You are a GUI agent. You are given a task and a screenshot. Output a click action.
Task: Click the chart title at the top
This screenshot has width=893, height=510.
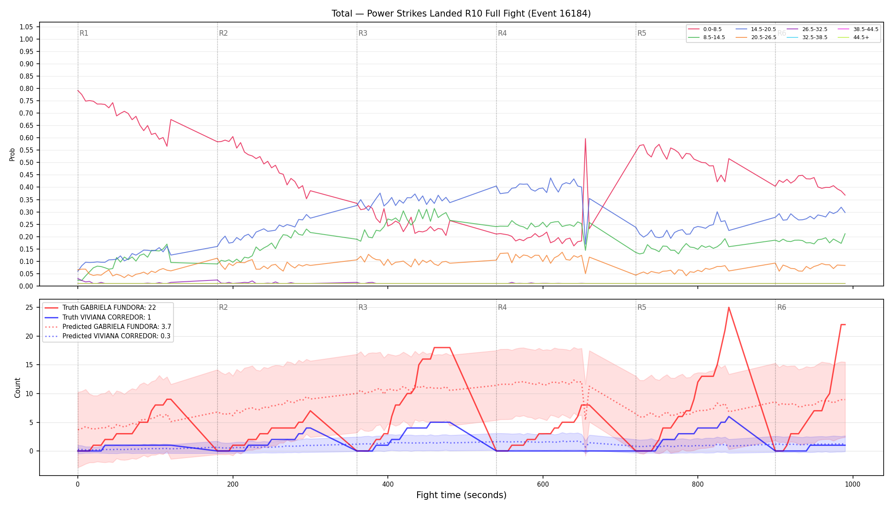[461, 14]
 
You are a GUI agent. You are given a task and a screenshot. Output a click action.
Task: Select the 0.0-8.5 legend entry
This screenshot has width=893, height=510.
[706, 29]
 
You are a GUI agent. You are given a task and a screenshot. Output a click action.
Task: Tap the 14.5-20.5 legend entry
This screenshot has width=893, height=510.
[756, 29]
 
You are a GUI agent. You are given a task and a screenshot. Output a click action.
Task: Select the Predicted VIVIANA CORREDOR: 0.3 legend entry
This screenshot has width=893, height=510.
[108, 336]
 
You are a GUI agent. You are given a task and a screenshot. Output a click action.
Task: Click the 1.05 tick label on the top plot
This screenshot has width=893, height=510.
[26, 27]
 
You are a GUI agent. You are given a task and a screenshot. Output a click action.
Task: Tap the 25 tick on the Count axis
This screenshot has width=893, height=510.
[29, 307]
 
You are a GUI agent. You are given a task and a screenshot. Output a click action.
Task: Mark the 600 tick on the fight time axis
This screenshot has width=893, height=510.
[543, 484]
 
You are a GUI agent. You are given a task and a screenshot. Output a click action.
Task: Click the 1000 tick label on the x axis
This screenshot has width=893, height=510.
[853, 484]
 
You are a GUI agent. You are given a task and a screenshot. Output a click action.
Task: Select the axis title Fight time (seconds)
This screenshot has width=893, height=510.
[461, 495]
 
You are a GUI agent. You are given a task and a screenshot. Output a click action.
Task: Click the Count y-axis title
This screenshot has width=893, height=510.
[17, 388]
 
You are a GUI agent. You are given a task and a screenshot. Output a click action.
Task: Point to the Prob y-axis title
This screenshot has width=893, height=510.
[12, 154]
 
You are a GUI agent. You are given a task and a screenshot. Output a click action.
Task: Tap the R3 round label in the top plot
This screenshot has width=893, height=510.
[363, 33]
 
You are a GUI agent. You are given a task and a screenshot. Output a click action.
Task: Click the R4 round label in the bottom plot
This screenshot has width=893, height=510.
[502, 307]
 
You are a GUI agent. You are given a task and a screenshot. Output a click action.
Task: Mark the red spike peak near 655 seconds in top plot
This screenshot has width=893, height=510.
[586, 139]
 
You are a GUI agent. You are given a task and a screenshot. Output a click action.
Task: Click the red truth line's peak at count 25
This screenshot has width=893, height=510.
[729, 307]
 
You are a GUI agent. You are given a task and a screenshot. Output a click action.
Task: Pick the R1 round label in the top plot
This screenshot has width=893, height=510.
[84, 33]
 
